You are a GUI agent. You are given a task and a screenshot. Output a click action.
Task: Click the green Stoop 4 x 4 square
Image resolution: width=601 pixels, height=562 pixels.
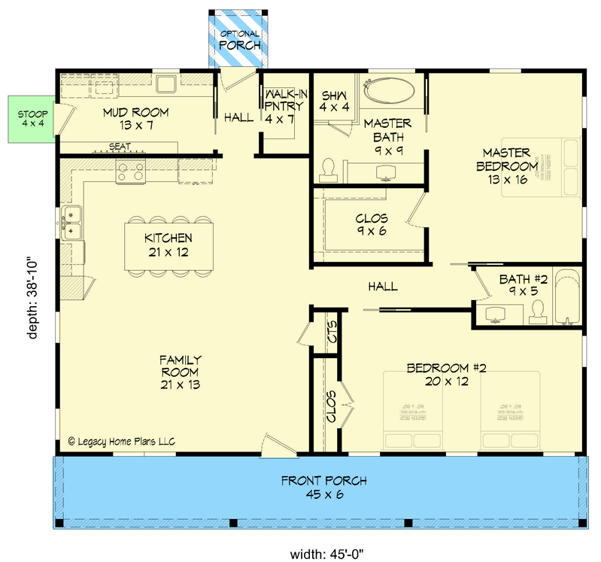(31, 118)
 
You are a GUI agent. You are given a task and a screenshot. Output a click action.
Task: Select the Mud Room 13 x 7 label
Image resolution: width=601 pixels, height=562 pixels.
(135, 119)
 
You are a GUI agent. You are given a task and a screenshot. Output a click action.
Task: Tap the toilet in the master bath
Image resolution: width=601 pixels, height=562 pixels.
(328, 169)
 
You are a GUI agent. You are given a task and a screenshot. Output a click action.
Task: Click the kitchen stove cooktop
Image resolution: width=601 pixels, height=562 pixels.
(131, 172)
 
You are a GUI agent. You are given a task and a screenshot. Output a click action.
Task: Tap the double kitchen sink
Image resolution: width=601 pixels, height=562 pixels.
(72, 223)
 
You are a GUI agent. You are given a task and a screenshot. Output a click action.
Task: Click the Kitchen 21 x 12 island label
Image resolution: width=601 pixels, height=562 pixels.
(169, 245)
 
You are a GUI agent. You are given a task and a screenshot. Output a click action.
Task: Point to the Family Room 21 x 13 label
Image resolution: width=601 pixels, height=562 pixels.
(179, 372)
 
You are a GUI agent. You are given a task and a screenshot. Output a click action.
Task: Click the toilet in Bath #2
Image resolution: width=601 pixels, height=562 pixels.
(537, 311)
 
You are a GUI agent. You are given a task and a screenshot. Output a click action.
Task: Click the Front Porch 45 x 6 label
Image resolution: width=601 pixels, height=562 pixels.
(314, 488)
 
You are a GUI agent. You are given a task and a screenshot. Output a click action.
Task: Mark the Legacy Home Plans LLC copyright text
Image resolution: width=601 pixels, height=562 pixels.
(121, 442)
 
